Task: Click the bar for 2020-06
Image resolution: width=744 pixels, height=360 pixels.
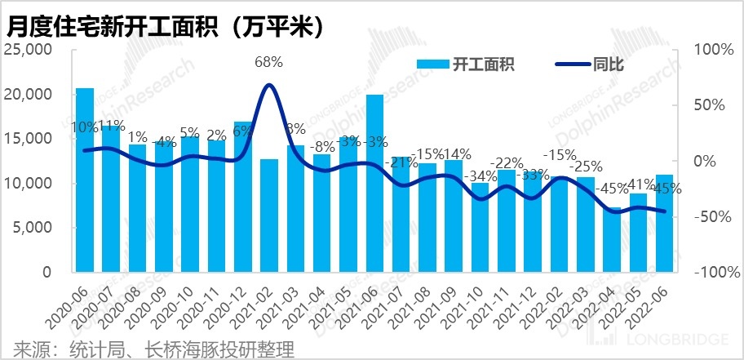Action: click(x=85, y=180)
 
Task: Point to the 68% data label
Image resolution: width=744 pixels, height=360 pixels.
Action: click(x=268, y=62)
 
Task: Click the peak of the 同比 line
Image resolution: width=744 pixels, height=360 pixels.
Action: click(x=269, y=85)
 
